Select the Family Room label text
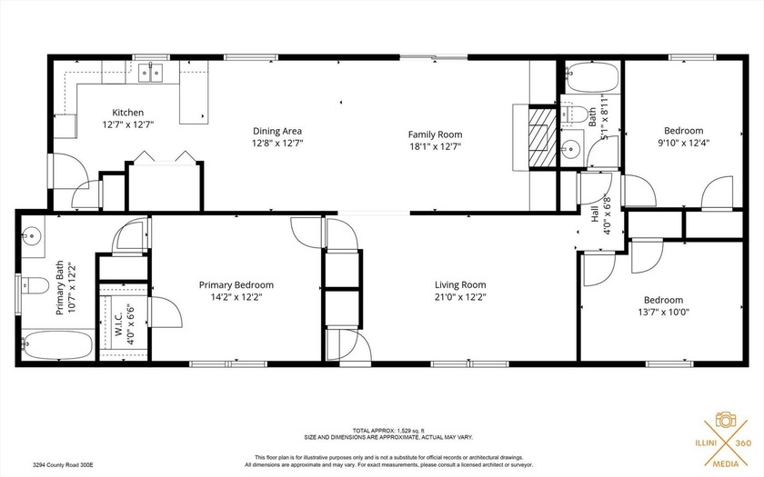coord(435,134)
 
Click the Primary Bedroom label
coord(236,284)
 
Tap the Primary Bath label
coord(60,289)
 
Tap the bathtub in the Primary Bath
coord(58,345)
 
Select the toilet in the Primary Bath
coord(34,283)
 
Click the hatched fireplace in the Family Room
coord(542,136)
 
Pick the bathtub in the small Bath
coord(590,80)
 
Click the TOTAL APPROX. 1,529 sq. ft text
coord(381,431)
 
